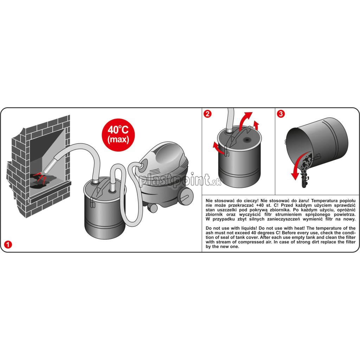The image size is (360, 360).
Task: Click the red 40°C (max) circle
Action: click(118, 135)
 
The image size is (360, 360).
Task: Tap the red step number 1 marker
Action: click(8, 244)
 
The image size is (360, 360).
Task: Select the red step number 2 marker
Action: click(207, 114)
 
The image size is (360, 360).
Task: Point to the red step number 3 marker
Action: click(281, 114)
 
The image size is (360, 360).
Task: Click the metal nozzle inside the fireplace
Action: click(51, 164)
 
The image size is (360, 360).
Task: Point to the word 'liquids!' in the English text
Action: click(249, 228)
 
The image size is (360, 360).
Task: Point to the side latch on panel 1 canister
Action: click(93, 202)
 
